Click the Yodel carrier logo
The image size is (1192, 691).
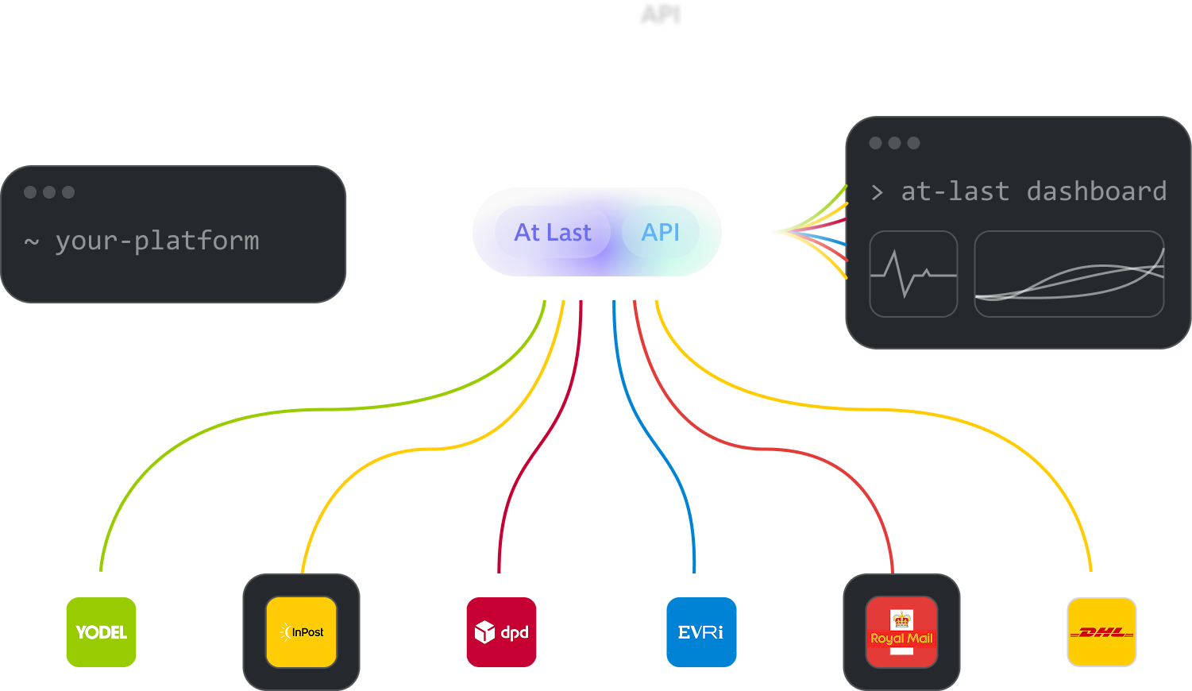click(x=101, y=632)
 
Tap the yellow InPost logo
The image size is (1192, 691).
click(x=301, y=632)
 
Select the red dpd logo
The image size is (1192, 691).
click(x=501, y=632)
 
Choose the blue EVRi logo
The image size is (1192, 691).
click(x=701, y=632)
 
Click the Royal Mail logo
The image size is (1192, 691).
click(x=901, y=632)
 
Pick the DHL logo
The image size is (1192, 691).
click(x=1101, y=632)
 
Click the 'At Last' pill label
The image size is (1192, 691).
click(x=553, y=232)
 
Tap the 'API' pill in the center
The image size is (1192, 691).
click(x=661, y=232)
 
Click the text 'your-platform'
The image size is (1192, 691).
click(x=157, y=241)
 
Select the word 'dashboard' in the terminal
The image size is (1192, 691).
click(x=1097, y=191)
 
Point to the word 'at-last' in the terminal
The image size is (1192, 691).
click(x=955, y=191)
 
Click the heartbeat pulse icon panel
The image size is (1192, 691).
click(x=913, y=274)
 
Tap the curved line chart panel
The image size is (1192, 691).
click(x=1069, y=274)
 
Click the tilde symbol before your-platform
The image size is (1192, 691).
click(x=32, y=241)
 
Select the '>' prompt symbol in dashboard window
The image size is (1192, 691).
click(x=877, y=192)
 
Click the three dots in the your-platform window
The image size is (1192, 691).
click(x=49, y=192)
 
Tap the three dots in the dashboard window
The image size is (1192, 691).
click(x=894, y=143)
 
